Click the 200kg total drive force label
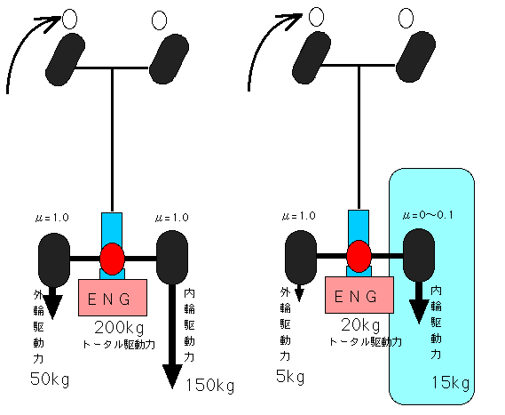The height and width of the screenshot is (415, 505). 120,328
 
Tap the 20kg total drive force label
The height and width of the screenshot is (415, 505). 360,325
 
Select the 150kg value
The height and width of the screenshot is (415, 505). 210,386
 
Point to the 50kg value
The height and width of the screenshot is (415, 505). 50,379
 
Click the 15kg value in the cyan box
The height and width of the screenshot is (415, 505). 451,383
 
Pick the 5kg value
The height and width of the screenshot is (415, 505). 290,376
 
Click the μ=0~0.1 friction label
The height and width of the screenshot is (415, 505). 428,215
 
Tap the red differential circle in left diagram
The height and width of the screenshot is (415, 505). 112,259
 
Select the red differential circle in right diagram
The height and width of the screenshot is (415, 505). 359,256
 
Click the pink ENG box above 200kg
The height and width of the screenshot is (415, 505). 113,298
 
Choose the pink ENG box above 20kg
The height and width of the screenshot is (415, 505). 359,295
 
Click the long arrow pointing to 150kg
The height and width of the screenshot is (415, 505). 172,335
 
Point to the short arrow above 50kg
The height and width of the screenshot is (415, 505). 52,302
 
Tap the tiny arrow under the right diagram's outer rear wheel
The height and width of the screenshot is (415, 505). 299,292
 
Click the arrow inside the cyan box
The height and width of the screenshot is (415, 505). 419,302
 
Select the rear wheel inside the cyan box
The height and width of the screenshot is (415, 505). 419,255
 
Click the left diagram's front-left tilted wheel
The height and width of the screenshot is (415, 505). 66,60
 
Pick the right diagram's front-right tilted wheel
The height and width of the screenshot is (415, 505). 415,57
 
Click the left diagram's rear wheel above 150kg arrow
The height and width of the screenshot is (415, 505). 172,258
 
